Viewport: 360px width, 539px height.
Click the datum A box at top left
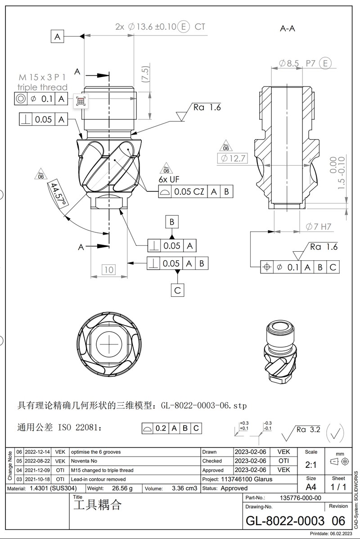click(58, 36)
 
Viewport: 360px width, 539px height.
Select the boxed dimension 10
click(108, 270)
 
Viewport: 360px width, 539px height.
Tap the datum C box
click(177, 290)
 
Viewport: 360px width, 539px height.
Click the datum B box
click(172, 222)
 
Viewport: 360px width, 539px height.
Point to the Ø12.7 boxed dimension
click(232, 159)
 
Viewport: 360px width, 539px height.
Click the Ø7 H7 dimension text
click(318, 227)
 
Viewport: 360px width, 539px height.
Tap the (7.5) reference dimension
click(145, 74)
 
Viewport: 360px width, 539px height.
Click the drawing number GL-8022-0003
click(285, 521)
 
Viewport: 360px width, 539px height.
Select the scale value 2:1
click(311, 464)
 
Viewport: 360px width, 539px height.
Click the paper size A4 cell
click(311, 487)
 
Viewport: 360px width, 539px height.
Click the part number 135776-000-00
click(301, 498)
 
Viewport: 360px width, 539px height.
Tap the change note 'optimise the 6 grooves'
click(96, 452)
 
